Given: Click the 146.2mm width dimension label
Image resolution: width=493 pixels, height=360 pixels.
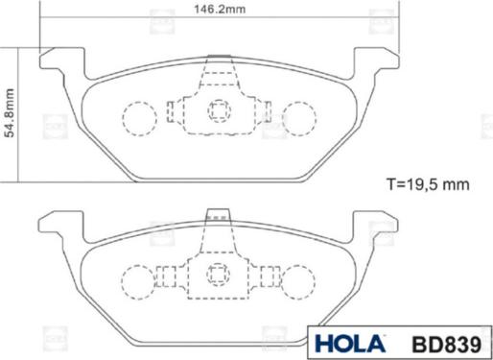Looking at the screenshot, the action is pyautogui.click(x=220, y=9).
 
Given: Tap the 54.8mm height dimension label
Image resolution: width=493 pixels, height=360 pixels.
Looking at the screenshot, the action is pyautogui.click(x=10, y=113).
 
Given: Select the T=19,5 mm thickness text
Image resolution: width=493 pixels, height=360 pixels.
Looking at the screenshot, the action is pyautogui.click(x=428, y=184).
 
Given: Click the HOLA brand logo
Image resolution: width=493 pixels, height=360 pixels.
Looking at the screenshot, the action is pyautogui.click(x=350, y=344).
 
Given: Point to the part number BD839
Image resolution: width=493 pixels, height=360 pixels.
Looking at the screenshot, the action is pyautogui.click(x=447, y=345).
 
